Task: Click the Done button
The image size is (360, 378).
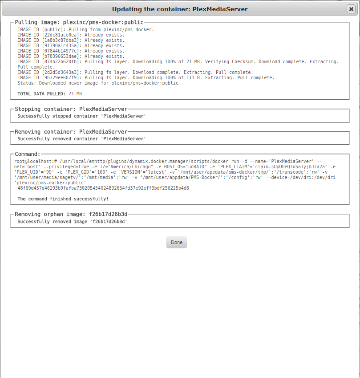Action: pos(177,242)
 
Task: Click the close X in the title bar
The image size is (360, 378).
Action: pos(351,9)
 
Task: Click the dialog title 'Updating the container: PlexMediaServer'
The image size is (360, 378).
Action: pos(180,9)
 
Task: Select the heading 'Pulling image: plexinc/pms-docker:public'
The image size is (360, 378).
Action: pos(79,22)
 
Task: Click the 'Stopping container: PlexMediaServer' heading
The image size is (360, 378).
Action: pos(71,109)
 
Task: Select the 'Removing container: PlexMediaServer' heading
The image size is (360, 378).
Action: pos(71,132)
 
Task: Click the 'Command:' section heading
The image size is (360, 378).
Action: pos(28,154)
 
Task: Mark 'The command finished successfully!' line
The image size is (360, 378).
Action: pos(63,199)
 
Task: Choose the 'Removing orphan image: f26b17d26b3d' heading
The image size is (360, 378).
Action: pos(71,214)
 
